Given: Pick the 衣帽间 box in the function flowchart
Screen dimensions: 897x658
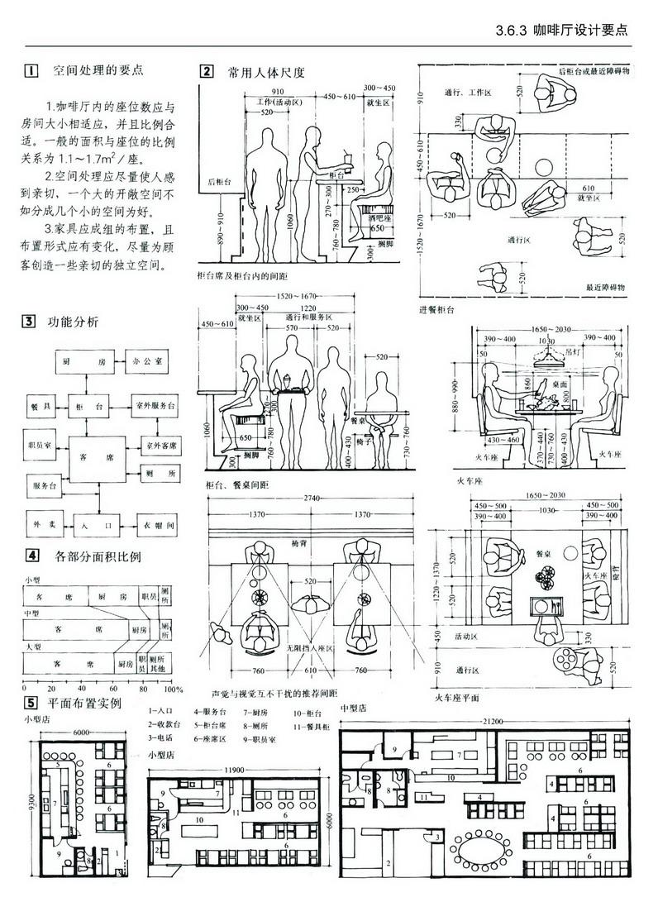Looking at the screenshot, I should [156, 524].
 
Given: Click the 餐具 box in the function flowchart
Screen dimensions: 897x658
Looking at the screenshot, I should [42, 407].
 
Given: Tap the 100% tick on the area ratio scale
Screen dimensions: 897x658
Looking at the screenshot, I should [173, 688].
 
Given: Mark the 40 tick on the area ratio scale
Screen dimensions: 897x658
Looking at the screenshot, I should [81, 688].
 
